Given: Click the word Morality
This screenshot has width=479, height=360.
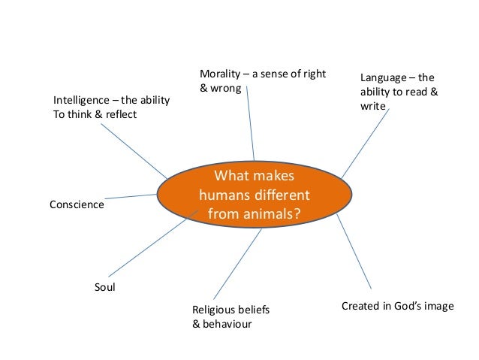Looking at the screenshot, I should coord(219,73).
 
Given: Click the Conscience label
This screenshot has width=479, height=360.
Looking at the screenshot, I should coord(77,204).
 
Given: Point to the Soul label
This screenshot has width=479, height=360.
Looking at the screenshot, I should coord(104,286).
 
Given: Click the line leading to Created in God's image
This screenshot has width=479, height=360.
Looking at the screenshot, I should coord(354,253).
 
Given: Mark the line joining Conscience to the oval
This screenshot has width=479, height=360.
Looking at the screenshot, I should coord(132,196).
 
